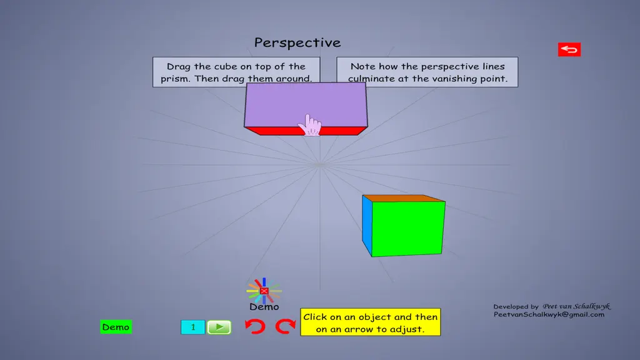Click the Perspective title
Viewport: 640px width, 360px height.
(297, 42)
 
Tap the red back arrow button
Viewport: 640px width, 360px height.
(569, 50)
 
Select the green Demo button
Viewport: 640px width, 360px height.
(116, 327)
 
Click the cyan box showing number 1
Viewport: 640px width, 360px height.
(192, 327)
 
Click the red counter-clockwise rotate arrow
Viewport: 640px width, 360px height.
(255, 326)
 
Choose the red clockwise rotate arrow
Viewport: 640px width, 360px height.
(285, 326)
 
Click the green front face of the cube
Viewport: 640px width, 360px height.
(407, 229)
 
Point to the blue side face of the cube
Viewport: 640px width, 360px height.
(367, 225)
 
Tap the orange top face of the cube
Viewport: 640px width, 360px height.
(404, 198)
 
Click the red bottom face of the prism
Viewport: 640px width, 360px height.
(306, 131)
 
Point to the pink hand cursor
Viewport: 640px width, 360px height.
(310, 125)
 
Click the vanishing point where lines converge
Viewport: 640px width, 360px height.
(320, 165)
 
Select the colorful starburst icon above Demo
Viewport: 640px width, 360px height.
(264, 291)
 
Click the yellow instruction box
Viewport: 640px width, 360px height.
(370, 322)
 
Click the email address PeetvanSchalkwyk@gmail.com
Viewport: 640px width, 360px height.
(549, 315)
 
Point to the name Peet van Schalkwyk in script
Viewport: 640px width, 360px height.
(576, 306)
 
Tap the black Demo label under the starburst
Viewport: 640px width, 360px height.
(264, 307)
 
